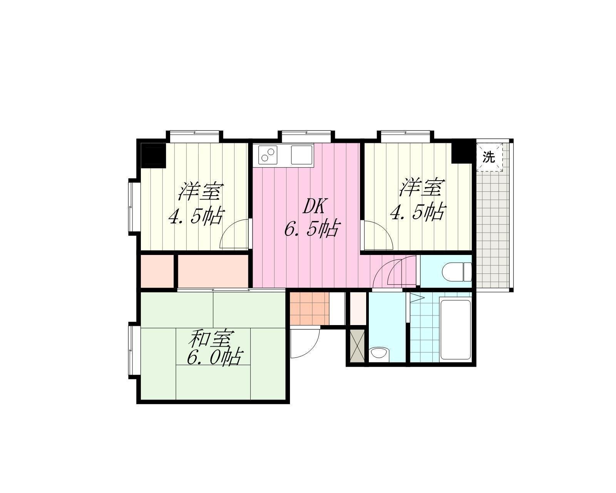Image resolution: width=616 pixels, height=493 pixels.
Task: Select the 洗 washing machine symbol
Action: click(489, 157)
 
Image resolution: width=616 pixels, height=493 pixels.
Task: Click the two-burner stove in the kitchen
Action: click(268, 155)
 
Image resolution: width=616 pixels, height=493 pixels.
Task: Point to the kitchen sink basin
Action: click(302, 155)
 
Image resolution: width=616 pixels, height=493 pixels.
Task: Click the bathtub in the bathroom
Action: click(455, 329)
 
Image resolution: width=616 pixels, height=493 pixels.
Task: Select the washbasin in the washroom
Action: click(378, 353)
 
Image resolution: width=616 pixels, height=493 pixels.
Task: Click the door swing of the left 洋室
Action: click(234, 234)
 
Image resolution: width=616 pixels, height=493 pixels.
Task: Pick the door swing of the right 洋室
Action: click(378, 236)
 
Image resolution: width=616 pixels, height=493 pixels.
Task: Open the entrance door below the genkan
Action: click(305, 343)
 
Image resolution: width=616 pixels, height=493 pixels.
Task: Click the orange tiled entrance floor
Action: click(310, 309)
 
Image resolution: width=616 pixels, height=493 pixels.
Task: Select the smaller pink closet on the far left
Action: click(157, 271)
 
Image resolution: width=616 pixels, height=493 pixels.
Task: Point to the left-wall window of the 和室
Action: click(132, 350)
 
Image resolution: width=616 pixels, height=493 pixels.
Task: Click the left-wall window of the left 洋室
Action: click(132, 207)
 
